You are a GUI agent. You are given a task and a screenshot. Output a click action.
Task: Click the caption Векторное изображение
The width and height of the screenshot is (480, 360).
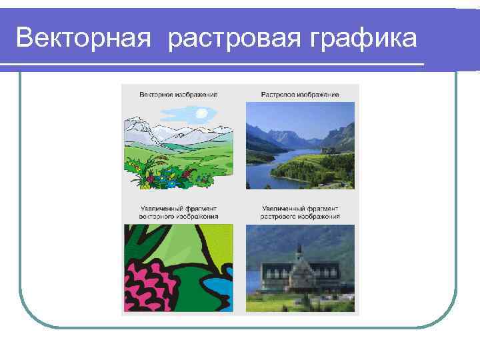178,95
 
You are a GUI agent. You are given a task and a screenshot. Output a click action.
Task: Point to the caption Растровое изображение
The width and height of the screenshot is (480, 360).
300,95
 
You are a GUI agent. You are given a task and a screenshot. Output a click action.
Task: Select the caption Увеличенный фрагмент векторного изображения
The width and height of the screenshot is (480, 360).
178,213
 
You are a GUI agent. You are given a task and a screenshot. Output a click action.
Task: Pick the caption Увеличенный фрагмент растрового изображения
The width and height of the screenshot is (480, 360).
300,213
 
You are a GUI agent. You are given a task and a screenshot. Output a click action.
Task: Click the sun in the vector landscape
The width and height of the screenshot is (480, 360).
201,114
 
